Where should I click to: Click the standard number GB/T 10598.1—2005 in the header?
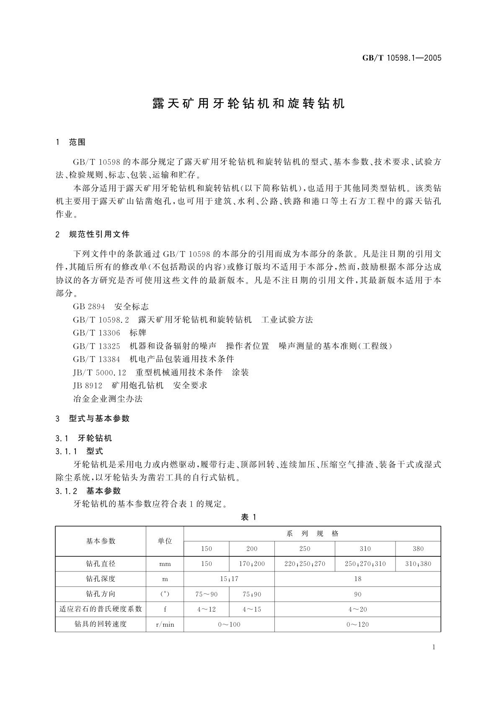coord(402,58)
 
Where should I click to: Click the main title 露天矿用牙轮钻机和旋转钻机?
coord(249,103)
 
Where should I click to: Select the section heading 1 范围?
coord(71,142)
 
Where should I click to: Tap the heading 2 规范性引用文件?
coord(93,234)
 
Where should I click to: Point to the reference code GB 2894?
coord(89,307)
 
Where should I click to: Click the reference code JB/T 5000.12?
coord(99,372)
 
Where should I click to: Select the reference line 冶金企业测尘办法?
coord(108,399)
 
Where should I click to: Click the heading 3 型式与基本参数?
coord(93,419)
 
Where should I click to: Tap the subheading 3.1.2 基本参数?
coord(88,491)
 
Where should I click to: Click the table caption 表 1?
coord(248,517)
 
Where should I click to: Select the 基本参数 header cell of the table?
coord(101,541)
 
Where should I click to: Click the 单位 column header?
coord(165,541)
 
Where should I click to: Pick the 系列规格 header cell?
coord(312,534)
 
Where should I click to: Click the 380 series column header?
coord(418,549)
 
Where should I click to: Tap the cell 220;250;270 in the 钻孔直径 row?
coord(305,564)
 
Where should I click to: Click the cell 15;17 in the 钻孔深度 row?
coord(229,579)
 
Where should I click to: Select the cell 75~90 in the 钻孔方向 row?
coord(207,594)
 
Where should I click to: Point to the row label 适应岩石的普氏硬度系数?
coord(101,609)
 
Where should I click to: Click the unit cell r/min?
coord(165,624)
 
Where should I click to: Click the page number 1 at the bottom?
coord(434,647)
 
